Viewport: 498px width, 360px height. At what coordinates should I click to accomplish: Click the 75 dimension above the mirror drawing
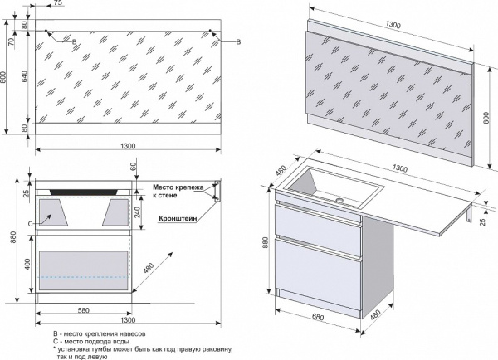tap(56, 4)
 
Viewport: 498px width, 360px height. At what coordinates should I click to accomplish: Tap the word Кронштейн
tap(177, 220)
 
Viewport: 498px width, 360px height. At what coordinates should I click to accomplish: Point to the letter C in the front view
tap(30, 223)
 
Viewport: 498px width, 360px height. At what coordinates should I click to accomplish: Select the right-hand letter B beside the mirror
tap(238, 41)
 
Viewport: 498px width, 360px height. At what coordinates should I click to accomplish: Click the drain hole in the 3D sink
tap(340, 200)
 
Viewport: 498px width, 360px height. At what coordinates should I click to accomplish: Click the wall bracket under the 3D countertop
tap(470, 217)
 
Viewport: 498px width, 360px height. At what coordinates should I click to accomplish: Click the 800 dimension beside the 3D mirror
tap(486, 118)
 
